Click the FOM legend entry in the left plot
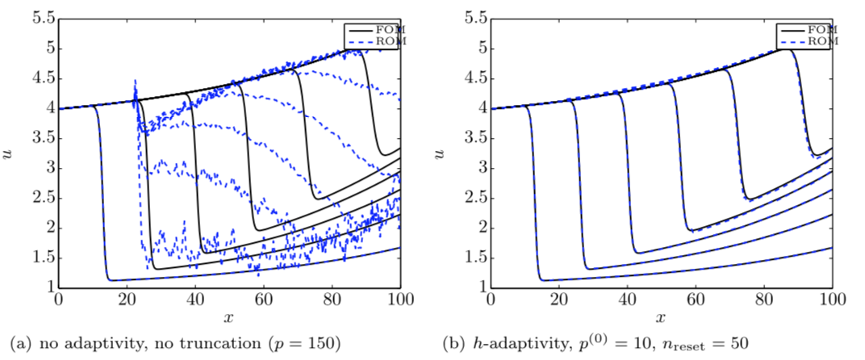[x=384, y=29]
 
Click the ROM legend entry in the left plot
[x=384, y=40]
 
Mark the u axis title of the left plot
[x=10, y=152]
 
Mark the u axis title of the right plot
[x=443, y=152]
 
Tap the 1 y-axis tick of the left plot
[x=47, y=287]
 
